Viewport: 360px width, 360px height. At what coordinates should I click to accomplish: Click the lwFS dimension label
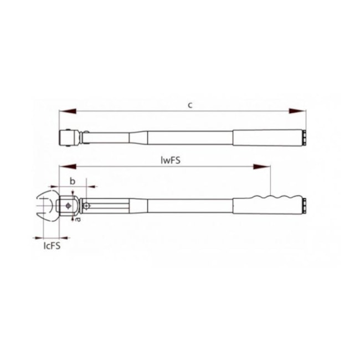(x=172, y=160)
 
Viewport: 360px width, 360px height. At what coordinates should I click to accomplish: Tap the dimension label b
(x=72, y=181)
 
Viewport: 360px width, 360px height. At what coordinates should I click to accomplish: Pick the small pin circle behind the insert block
(x=86, y=206)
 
